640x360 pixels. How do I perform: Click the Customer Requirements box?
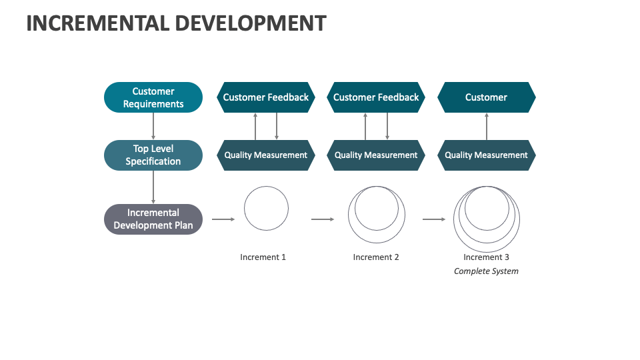pyautogui.click(x=153, y=97)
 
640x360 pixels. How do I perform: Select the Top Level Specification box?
pyautogui.click(x=153, y=155)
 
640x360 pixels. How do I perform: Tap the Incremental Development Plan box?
pyautogui.click(x=153, y=219)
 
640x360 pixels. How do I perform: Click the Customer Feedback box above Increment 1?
pyautogui.click(x=265, y=97)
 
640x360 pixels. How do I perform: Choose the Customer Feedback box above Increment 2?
pyautogui.click(x=376, y=97)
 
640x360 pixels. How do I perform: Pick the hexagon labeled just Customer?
pyautogui.click(x=486, y=97)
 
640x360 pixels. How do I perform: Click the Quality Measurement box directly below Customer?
pyautogui.click(x=486, y=155)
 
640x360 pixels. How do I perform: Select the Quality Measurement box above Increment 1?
pyautogui.click(x=265, y=155)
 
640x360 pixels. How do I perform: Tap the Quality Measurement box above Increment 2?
pyautogui.click(x=376, y=155)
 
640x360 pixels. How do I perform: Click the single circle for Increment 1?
pyautogui.click(x=266, y=209)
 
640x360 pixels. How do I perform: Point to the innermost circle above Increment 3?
pyautogui.click(x=487, y=207)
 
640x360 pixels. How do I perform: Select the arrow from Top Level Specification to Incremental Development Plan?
pyautogui.click(x=153, y=187)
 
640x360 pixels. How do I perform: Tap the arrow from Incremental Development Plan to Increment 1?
pyautogui.click(x=223, y=219)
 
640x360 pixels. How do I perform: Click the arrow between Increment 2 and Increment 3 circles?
pyautogui.click(x=434, y=219)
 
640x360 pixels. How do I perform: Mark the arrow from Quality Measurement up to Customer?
pyautogui.click(x=486, y=126)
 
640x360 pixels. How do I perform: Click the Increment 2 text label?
pyautogui.click(x=376, y=257)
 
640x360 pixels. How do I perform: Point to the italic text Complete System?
pyautogui.click(x=486, y=271)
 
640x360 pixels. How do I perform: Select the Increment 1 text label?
pyautogui.click(x=263, y=257)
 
